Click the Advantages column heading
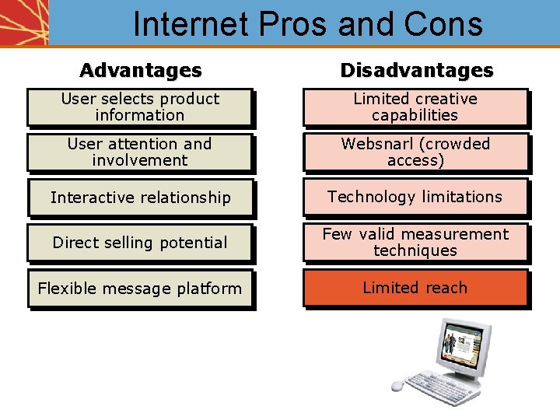(x=140, y=70)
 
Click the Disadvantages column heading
(x=416, y=70)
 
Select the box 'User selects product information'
(x=140, y=107)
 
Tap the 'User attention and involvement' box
(x=140, y=152)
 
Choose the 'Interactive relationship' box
(x=140, y=198)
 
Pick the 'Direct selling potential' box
(x=140, y=243)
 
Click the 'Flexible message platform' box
(x=140, y=289)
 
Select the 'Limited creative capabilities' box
(x=415, y=107)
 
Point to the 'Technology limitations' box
(x=415, y=197)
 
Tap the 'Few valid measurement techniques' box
(x=415, y=242)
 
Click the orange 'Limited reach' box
(x=415, y=288)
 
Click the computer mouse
(x=398, y=385)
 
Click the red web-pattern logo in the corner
(x=23, y=22)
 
